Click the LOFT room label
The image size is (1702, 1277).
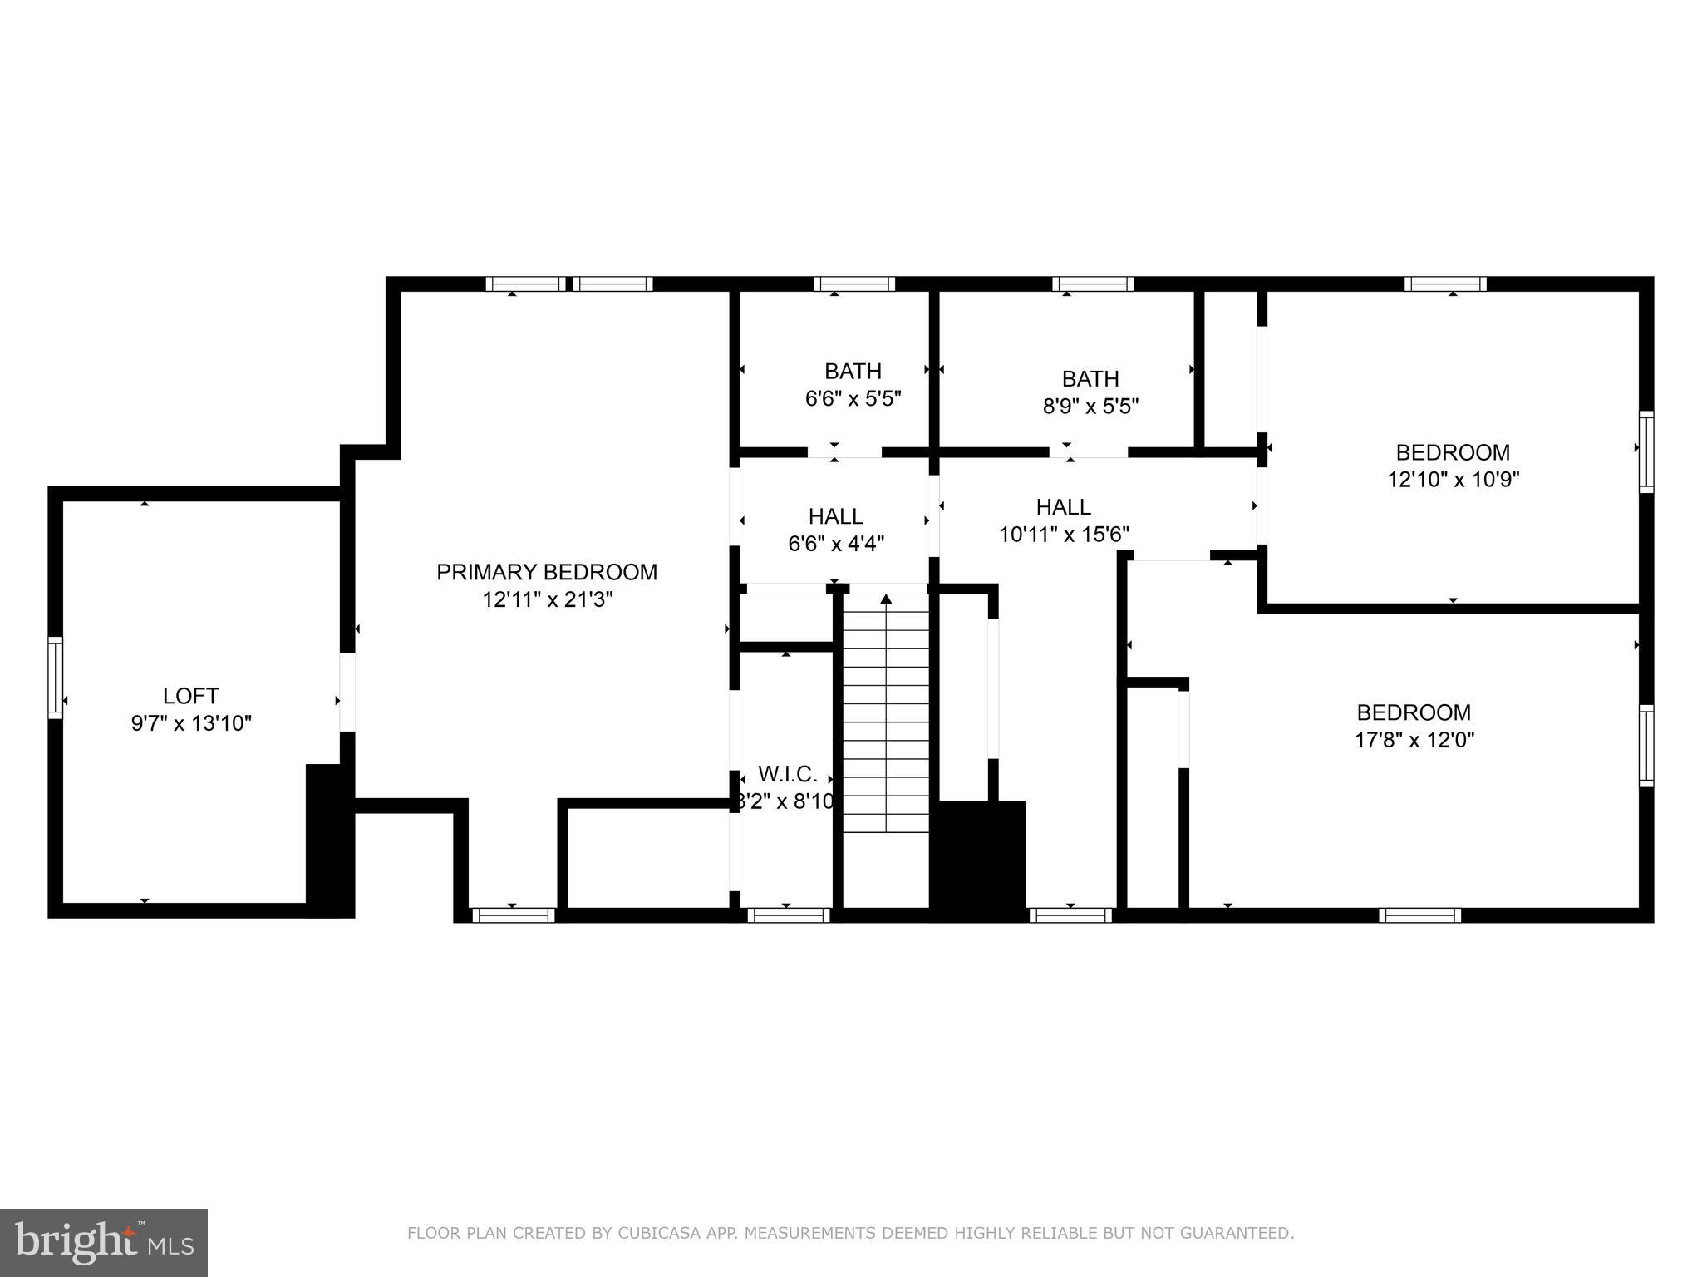coord(190,696)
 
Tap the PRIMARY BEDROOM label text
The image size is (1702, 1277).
coord(547,572)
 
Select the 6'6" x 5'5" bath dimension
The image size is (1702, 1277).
coord(853,399)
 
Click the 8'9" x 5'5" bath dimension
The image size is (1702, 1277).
coord(1090,407)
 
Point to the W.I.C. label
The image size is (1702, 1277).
coord(787,775)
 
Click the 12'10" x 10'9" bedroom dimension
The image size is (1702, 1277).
coord(1453,480)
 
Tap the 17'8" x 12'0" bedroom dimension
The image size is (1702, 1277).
coord(1414,740)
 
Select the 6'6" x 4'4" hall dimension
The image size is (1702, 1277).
coord(835,545)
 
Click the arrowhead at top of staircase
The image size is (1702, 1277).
coord(886,599)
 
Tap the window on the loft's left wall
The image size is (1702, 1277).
coord(55,677)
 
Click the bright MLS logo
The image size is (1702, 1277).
coord(104,1242)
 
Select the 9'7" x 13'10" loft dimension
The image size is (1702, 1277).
coord(191,723)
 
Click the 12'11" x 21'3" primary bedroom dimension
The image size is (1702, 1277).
coord(547,599)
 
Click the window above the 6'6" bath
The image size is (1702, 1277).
coord(854,284)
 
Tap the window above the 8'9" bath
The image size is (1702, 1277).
coord(1092,284)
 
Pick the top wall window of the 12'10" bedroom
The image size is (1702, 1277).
coord(1445,284)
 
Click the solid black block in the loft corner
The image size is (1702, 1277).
coord(329,840)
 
